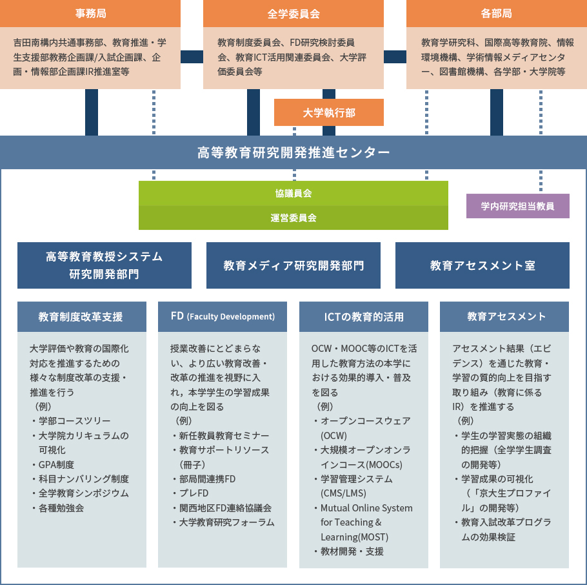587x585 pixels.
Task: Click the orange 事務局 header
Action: pyautogui.click(x=90, y=14)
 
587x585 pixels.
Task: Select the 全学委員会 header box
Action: pyautogui.click(x=293, y=14)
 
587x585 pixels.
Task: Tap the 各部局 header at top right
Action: pyautogui.click(x=497, y=14)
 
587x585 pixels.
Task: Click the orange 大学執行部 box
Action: pyautogui.click(x=329, y=112)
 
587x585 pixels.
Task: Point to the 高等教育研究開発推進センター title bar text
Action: pyautogui.click(x=293, y=152)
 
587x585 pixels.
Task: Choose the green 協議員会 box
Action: pyautogui.click(x=293, y=193)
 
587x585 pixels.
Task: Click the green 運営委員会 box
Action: pyautogui.click(x=293, y=218)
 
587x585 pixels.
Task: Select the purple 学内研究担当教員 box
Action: pyautogui.click(x=518, y=206)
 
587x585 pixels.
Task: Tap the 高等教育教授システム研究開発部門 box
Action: pyautogui.click(x=104, y=265)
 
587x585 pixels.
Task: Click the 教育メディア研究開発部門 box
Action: pyautogui.click(x=293, y=265)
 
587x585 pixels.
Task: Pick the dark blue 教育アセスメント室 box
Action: pyautogui.click(x=483, y=265)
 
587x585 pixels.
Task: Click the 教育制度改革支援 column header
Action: pyautogui.click(x=82, y=316)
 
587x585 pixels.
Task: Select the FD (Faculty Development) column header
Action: pyautogui.click(x=223, y=316)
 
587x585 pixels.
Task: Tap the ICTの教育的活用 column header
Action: pyautogui.click(x=364, y=316)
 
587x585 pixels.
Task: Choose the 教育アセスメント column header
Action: pyautogui.click(x=504, y=316)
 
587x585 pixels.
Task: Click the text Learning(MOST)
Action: pyautogui.click(x=354, y=537)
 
